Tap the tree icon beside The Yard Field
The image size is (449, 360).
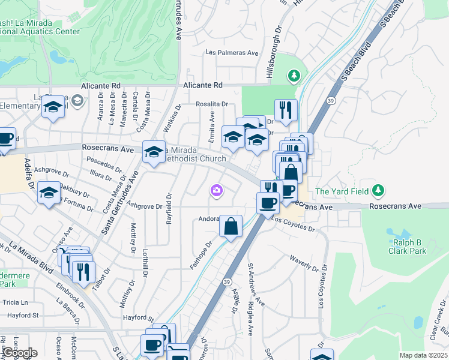click(x=378, y=191)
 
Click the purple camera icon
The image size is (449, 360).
click(x=216, y=191)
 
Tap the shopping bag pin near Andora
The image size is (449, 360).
click(x=231, y=227)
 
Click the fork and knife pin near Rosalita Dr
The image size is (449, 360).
click(x=286, y=110)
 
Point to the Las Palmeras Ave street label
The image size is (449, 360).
click(x=232, y=53)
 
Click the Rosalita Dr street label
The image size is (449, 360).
click(x=212, y=104)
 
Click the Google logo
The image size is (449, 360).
click(x=19, y=353)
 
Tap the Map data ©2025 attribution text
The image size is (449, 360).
click(x=423, y=355)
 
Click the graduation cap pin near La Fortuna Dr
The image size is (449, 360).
click(x=49, y=193)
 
